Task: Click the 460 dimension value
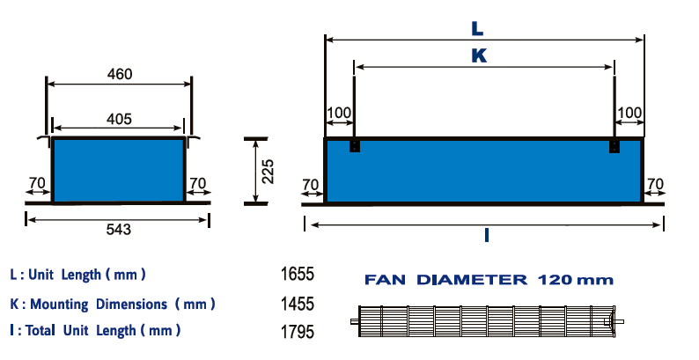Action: [120, 74]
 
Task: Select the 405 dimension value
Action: [119, 119]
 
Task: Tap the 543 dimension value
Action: [119, 230]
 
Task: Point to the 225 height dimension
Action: [268, 172]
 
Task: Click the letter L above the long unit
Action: [477, 29]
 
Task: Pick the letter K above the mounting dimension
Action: [479, 56]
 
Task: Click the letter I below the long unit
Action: [486, 235]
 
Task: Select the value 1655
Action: [298, 274]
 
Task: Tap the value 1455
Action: [298, 304]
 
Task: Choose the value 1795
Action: [298, 332]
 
